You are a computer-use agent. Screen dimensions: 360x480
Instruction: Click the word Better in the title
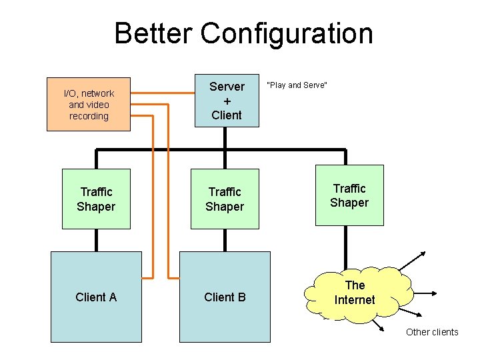(x=153, y=33)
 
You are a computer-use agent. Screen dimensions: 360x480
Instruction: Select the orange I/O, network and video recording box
(x=89, y=105)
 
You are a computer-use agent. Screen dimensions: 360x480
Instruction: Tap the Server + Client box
(x=227, y=100)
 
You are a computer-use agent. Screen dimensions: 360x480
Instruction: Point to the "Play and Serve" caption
(x=297, y=85)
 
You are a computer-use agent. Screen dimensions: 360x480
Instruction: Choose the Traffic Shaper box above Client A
(x=96, y=199)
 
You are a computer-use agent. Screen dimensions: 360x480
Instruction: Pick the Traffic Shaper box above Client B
(x=225, y=199)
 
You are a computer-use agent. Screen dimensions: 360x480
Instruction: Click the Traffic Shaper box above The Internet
(x=349, y=195)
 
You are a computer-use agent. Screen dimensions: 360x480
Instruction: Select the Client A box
(x=97, y=297)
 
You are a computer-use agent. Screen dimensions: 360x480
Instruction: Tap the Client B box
(x=225, y=297)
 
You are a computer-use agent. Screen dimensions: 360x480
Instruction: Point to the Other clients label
(x=432, y=332)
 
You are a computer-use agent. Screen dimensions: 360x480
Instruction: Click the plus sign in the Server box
(x=227, y=101)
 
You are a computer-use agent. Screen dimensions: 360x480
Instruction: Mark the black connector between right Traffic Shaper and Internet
(x=345, y=247)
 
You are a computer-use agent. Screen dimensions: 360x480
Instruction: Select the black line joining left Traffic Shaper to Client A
(x=97, y=240)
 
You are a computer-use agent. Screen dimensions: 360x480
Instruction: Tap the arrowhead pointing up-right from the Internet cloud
(x=425, y=254)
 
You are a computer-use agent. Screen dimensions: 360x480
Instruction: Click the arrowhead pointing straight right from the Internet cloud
(x=434, y=293)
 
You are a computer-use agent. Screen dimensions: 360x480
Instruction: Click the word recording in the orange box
(x=89, y=116)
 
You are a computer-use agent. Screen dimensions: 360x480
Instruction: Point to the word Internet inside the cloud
(x=355, y=300)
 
